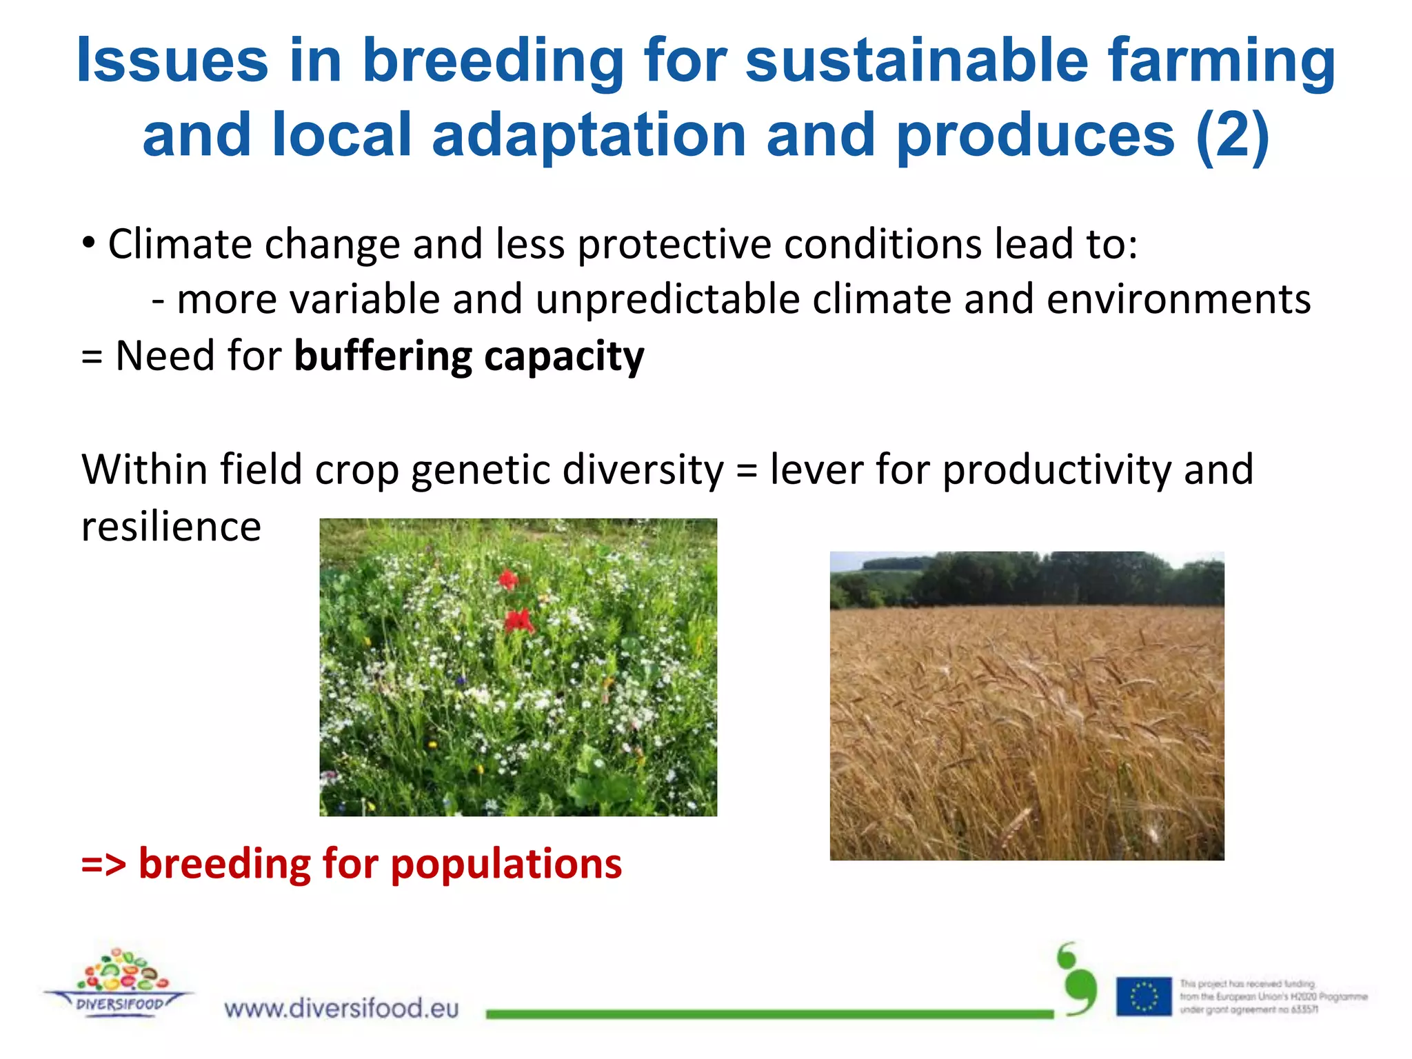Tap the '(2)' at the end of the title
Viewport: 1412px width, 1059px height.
coord(1232,135)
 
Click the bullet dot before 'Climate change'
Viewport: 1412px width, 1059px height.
coord(88,243)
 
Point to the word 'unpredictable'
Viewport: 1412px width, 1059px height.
coord(667,300)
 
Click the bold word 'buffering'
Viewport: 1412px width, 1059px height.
coord(383,356)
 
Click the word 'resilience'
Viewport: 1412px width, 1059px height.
coord(171,527)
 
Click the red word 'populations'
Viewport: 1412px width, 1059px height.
coord(506,864)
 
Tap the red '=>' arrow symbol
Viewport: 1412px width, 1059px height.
coord(103,864)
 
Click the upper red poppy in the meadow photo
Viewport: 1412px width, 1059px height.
coord(508,579)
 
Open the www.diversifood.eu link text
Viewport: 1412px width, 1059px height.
coord(341,1009)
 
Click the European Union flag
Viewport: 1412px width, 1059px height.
coord(1144,996)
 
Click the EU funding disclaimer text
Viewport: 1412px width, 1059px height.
coord(1272,997)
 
